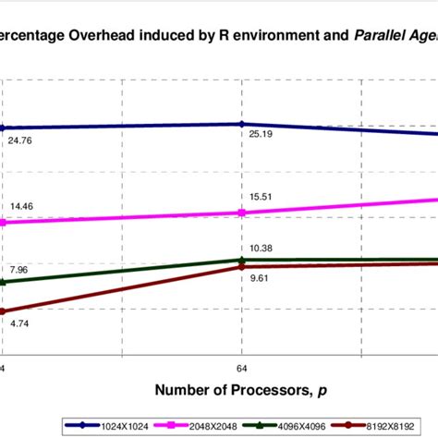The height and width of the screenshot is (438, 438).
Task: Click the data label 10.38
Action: (264, 249)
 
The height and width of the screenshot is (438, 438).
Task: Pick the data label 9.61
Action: (264, 277)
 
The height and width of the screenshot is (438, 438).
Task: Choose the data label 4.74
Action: (19, 323)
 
